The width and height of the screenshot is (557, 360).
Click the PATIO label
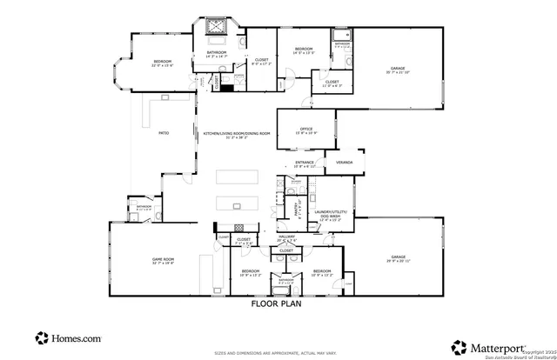(163, 132)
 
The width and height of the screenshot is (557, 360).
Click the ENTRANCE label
(304, 162)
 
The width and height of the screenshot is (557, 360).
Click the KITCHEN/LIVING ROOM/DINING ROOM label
(237, 133)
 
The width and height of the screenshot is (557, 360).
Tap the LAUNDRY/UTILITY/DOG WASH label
(333, 213)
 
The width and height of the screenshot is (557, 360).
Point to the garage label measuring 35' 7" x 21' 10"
(399, 68)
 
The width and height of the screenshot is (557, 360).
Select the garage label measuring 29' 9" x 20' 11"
(398, 258)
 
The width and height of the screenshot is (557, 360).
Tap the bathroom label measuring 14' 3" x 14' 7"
(217, 54)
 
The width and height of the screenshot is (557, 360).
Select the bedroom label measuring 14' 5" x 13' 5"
(303, 50)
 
